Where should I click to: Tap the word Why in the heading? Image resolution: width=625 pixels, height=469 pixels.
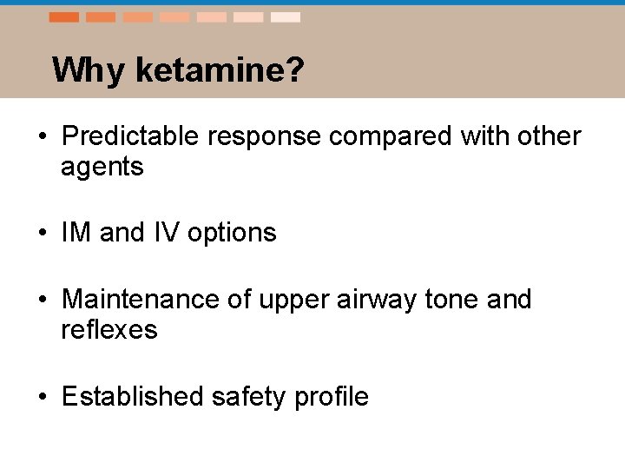point(89,69)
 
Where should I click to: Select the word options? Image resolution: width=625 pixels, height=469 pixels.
point(232,233)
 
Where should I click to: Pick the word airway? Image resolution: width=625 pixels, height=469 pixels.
point(373,300)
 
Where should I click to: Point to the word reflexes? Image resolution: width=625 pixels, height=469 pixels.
point(109,330)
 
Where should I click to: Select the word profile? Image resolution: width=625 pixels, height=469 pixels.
point(332,397)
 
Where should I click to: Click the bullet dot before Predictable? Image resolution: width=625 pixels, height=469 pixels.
point(42,137)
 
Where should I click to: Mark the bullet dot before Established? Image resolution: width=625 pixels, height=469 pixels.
point(42,398)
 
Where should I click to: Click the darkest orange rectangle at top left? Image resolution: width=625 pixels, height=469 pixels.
point(64,17)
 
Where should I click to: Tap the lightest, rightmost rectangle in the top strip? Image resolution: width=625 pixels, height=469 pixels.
point(286,17)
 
